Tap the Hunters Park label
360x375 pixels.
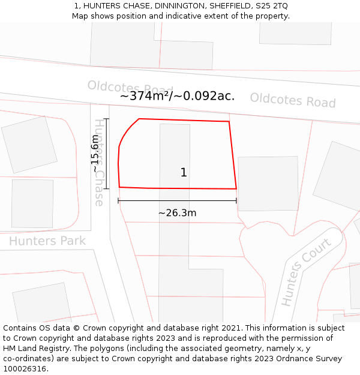[47, 241]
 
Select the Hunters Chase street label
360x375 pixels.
[99, 162]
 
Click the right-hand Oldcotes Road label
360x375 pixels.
[293, 100]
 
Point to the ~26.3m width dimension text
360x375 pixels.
[177, 213]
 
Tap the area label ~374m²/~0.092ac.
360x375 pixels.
[177, 96]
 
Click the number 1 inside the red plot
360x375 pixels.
[184, 173]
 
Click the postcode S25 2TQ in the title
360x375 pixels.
[272, 5]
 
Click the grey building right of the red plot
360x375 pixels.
[268, 183]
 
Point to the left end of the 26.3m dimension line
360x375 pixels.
[118, 200]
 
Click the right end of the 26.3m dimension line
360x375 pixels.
[236, 200]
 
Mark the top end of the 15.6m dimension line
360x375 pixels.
[106, 119]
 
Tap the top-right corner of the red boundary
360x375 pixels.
[229, 122]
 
